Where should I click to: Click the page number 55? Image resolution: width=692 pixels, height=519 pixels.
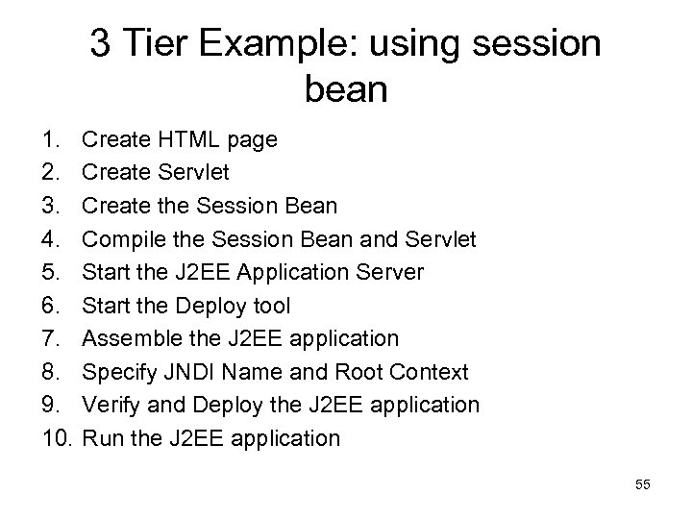point(643,485)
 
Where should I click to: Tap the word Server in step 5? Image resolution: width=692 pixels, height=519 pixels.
point(388,272)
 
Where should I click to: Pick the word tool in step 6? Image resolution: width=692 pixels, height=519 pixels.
point(270,306)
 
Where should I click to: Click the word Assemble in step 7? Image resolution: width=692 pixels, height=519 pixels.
point(128,338)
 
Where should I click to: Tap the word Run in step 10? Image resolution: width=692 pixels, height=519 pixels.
point(101,438)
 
